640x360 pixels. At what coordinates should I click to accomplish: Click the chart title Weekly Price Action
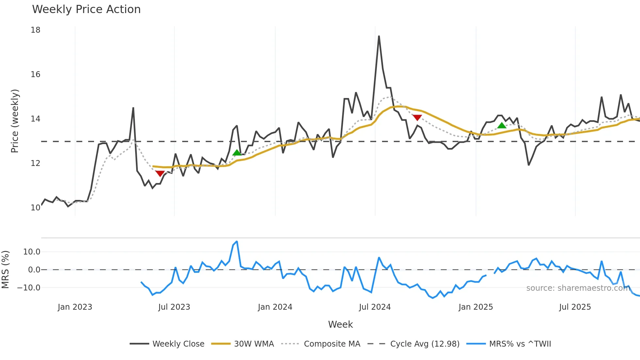coord(86,9)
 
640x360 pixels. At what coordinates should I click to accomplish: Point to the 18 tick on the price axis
coord(36,30)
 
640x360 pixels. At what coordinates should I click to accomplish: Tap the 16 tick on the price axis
coord(36,74)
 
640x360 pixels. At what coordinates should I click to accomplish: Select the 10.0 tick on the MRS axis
coord(32,252)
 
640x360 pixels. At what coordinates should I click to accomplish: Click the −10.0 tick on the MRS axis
coord(29,288)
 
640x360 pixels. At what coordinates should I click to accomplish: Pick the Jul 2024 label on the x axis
coord(375,307)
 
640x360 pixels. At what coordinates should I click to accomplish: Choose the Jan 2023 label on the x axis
coord(75,307)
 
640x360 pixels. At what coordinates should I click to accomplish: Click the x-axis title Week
coord(340,324)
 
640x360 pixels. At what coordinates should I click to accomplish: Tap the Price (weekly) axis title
coord(15,121)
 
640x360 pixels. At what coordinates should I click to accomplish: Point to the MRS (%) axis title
coord(5,270)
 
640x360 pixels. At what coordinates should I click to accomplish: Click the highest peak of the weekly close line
coord(379,36)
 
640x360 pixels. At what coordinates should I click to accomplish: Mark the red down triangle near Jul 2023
coord(160,173)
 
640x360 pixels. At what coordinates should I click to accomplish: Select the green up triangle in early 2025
coord(502,125)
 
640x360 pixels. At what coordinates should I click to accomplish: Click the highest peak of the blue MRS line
coord(237,241)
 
